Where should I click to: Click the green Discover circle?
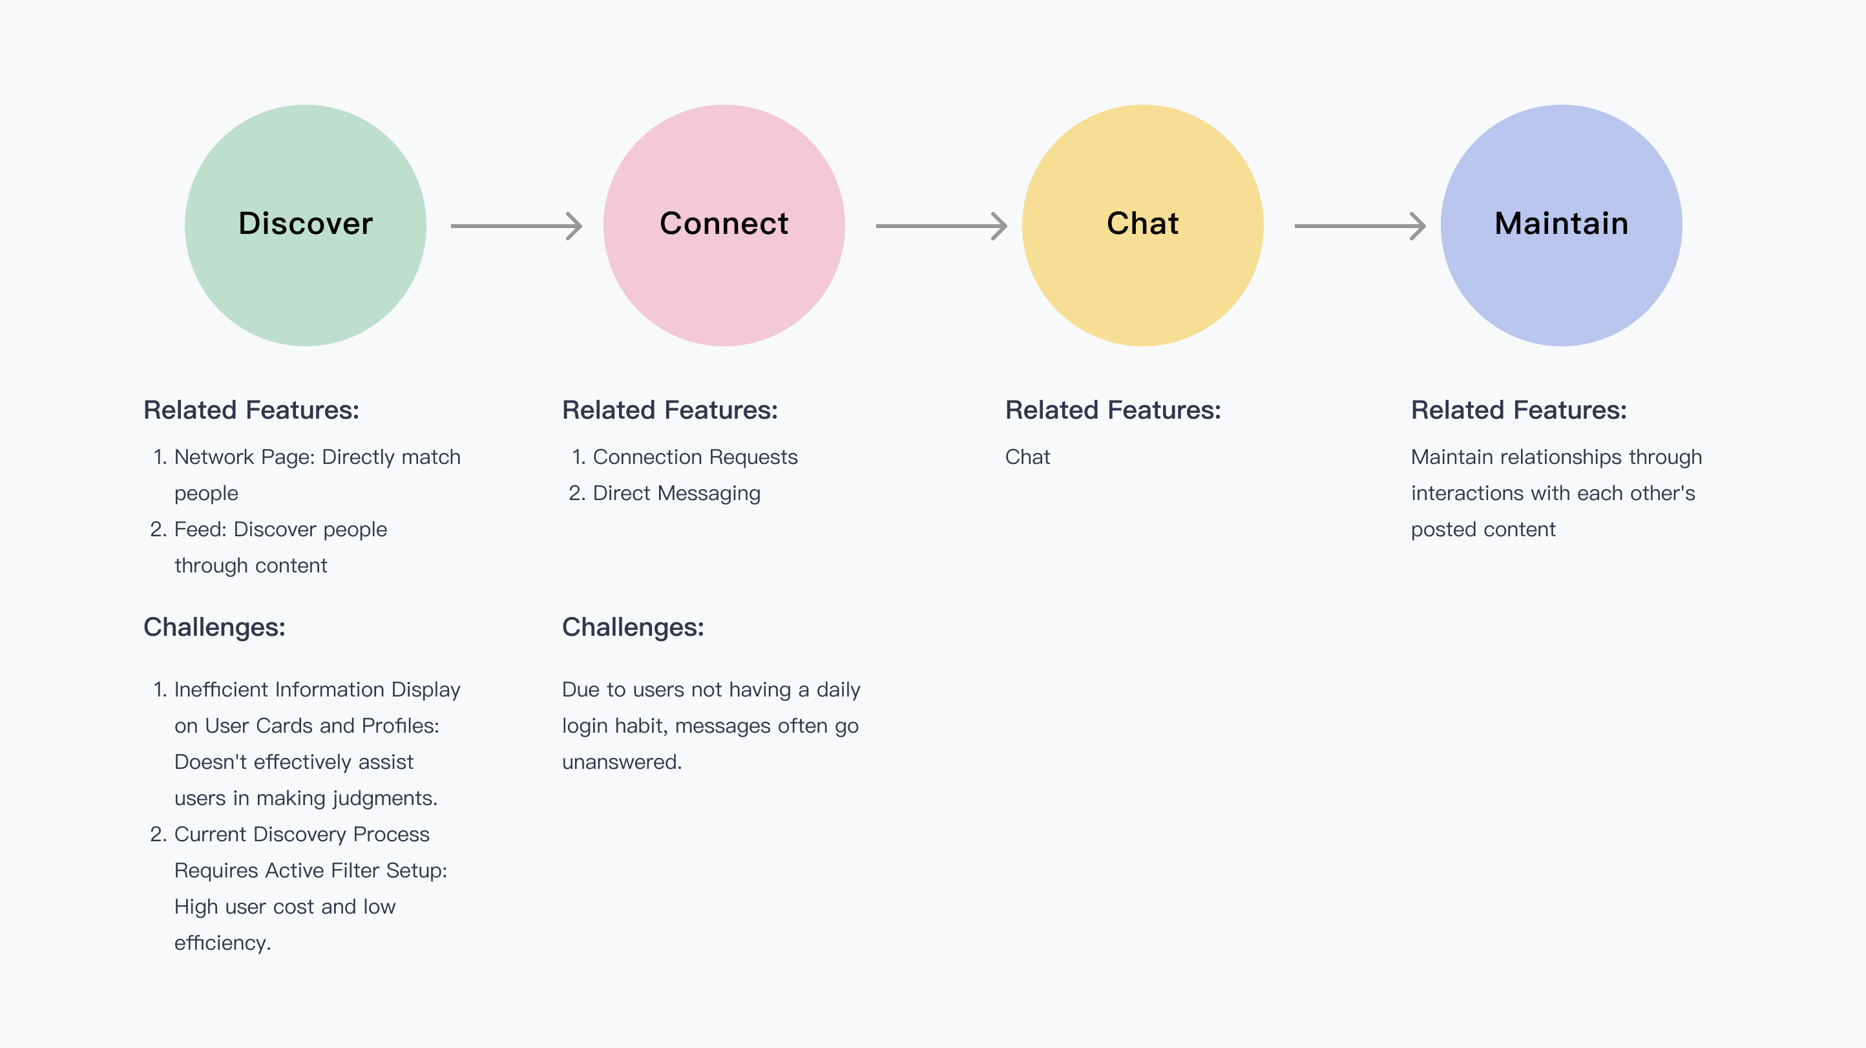305,225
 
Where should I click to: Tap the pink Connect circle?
724,225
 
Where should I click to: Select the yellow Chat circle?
1142,225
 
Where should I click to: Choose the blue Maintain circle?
1561,225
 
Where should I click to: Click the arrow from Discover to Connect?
516,226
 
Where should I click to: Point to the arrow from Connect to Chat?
941,226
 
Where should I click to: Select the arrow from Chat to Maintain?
1360,226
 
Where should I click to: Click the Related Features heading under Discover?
251,410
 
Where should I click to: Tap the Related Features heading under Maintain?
1519,410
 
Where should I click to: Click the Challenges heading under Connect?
633,627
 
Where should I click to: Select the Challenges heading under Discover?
215,627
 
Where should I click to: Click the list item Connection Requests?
695,457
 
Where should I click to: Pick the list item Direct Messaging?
676,493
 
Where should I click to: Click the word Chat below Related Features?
1027,457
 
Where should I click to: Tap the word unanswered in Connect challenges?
622,762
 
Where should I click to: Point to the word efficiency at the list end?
222,943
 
